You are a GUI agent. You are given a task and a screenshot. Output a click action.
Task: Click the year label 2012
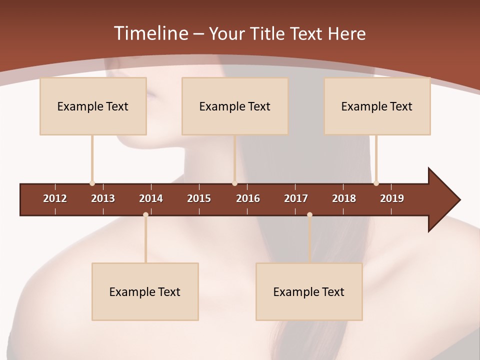[55, 198]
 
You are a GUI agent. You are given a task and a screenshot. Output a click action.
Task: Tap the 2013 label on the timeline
[103, 198]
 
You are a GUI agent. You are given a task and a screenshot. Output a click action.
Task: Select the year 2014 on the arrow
[151, 198]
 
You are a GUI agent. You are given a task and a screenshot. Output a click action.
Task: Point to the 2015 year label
[199, 198]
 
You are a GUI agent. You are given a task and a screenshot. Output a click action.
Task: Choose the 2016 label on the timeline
[248, 198]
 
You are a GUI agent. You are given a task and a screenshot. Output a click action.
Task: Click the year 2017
[296, 198]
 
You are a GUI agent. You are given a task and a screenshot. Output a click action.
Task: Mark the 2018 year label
[344, 198]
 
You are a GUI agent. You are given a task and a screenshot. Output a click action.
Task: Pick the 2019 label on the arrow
[392, 198]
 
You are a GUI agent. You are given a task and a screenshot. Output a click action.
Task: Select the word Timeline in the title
[150, 33]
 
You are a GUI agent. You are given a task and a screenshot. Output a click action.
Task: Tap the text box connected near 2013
[93, 106]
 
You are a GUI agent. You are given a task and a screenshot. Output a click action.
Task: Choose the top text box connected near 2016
[235, 106]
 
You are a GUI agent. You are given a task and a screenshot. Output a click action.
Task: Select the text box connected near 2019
[377, 106]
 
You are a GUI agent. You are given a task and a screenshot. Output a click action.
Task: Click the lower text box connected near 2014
[145, 291]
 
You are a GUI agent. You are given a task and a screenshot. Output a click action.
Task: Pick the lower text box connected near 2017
[309, 291]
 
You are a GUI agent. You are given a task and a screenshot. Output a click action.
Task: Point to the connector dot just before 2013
[92, 183]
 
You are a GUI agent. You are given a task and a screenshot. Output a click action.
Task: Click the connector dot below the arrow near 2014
[145, 214]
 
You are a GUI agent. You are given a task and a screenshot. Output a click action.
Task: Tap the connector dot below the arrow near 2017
[309, 214]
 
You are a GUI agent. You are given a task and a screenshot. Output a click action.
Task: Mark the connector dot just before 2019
[376, 183]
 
